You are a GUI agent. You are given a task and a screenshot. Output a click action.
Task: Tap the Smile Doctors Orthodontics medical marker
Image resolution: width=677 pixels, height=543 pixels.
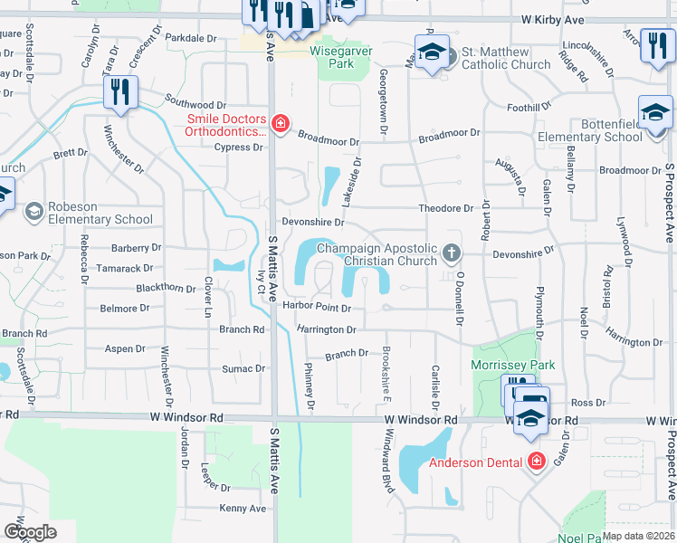click(x=281, y=124)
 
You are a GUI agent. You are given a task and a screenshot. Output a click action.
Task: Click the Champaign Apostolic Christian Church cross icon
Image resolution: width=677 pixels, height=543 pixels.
click(x=451, y=252)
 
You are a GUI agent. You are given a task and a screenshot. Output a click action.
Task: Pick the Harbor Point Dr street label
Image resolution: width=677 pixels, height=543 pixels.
click(x=316, y=308)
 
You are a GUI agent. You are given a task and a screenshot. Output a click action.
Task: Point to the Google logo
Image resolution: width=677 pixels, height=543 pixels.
click(x=30, y=531)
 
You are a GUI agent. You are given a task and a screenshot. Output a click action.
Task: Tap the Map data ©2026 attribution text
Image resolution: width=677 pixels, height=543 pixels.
click(x=638, y=535)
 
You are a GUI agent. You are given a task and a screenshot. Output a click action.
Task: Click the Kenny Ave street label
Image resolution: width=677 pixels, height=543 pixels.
click(x=243, y=509)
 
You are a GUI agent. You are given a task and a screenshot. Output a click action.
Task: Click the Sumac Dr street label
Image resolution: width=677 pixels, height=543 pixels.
click(x=244, y=369)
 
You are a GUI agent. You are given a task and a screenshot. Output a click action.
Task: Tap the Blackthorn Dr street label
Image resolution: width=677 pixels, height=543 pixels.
click(x=166, y=289)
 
